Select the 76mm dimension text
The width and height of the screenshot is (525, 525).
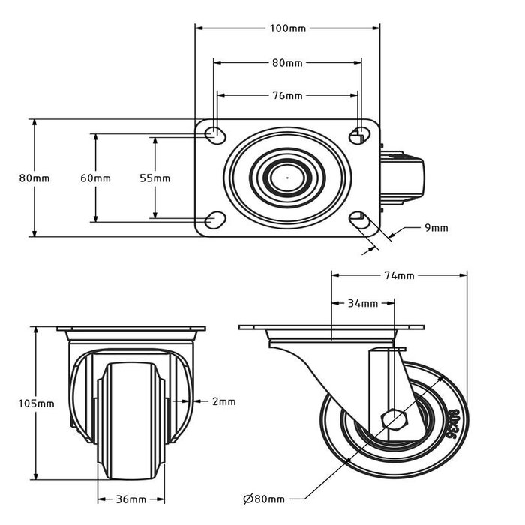[x=287, y=95]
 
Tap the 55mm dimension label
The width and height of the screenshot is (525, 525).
[x=155, y=178]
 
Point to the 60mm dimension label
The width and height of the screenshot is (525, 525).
[x=95, y=178]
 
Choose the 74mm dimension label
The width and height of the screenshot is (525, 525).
[x=399, y=275]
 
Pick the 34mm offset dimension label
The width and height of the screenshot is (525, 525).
[x=363, y=303]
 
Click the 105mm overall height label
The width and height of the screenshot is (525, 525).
[x=36, y=403]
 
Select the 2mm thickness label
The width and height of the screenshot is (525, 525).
[x=223, y=401]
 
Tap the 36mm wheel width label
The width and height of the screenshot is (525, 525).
[x=132, y=499]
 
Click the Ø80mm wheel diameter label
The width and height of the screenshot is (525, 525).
[x=263, y=499]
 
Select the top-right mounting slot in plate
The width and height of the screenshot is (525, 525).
[x=360, y=136]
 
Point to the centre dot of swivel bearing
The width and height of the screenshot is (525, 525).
[x=287, y=178]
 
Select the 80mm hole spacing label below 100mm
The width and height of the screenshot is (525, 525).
[x=287, y=63]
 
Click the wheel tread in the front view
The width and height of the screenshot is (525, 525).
[x=132, y=420]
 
